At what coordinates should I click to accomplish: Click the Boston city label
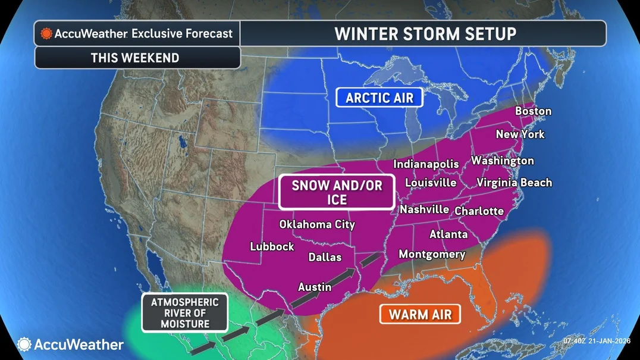coord(533,111)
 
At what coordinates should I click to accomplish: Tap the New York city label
coord(520,134)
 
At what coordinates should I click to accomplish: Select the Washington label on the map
coord(503,161)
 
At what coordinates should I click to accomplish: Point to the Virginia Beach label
coord(514,183)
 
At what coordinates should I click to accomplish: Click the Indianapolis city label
coord(426,164)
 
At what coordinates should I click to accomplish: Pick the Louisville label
coord(431,183)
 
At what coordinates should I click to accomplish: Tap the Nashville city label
coord(424,209)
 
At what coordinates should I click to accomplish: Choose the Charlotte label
coord(479,211)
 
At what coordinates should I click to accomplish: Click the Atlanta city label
coord(448,234)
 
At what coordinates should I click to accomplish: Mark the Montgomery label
coord(432,254)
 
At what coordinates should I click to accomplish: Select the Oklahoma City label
coord(317,224)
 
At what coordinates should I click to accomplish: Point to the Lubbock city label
coord(272,246)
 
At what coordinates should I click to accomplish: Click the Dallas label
coord(325,257)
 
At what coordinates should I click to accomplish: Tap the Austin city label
coord(315,287)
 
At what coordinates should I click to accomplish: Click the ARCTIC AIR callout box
coord(379,98)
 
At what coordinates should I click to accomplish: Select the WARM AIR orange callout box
coord(421,314)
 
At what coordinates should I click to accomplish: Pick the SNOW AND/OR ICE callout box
coord(337,193)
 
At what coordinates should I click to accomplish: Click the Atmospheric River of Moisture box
coord(184,313)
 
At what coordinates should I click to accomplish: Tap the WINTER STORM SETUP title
coord(425,33)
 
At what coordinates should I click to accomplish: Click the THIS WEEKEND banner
coord(135,58)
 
